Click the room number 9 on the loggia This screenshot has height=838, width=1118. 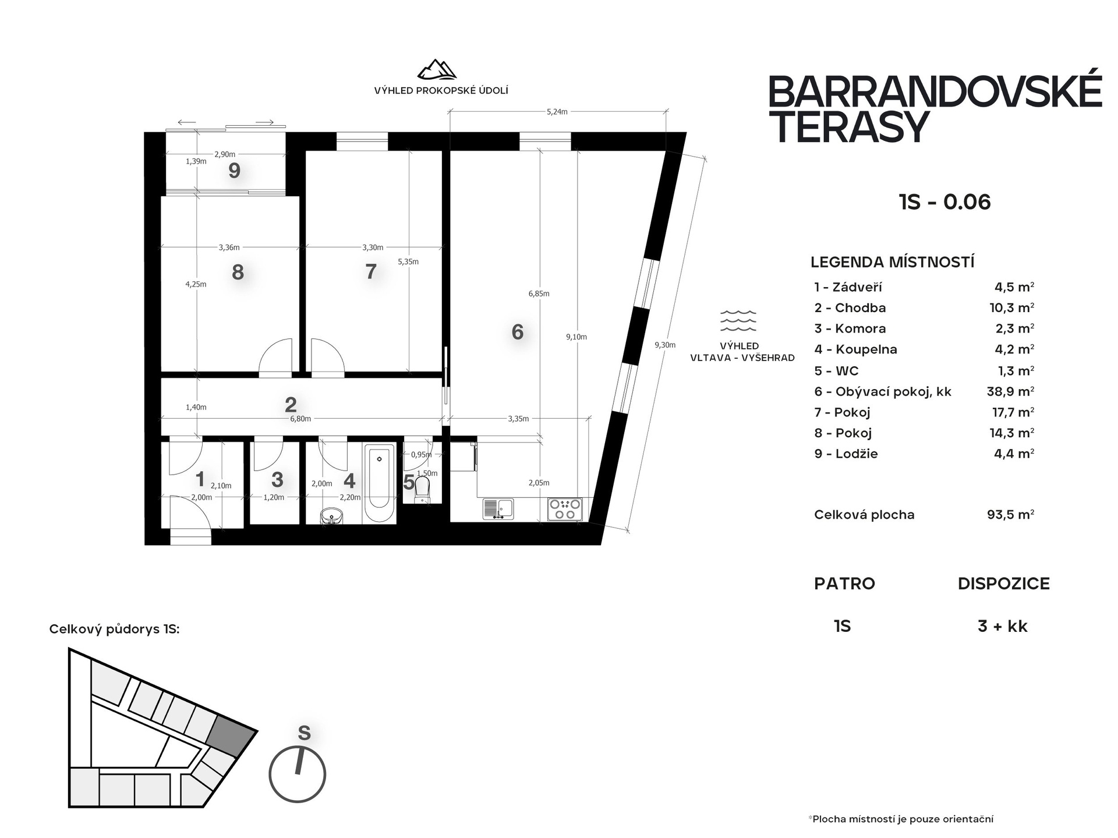coord(235,171)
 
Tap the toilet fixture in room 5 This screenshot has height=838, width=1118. coord(422,489)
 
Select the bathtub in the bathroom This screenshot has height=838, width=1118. coord(379,483)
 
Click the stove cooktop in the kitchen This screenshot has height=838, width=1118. coord(565,509)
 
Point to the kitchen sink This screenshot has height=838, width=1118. coord(498,509)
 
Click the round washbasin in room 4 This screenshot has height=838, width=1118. coord(332,515)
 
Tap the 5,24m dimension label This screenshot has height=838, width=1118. coord(557,112)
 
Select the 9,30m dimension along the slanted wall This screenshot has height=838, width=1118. coord(665,345)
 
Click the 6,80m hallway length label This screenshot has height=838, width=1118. coord(300,419)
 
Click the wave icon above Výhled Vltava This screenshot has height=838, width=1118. coord(738,320)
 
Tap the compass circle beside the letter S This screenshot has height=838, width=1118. coord(297,775)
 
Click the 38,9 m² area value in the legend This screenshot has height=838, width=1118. coord(1010,391)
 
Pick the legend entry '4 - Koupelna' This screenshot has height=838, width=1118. coord(855,349)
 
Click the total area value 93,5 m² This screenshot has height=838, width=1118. coord(1010,515)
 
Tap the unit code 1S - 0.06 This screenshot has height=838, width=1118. coord(944,202)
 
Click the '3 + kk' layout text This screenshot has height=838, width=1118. coord(1003,627)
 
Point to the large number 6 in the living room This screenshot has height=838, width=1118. coord(518,332)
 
